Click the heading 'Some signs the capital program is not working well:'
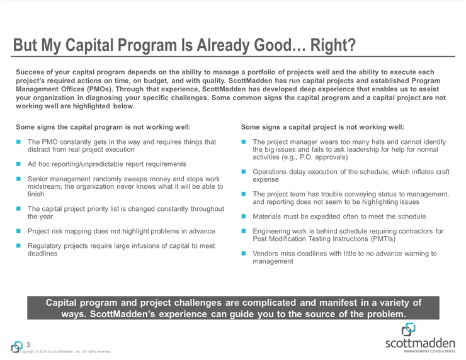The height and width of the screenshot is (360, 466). pos(103,127)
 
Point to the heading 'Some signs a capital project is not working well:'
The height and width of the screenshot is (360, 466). pos(322,127)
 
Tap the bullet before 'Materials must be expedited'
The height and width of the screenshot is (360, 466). pos(245,217)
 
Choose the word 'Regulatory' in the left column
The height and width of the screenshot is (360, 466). pos(48,246)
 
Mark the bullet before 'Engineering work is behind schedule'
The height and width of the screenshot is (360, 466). pos(245,231)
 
